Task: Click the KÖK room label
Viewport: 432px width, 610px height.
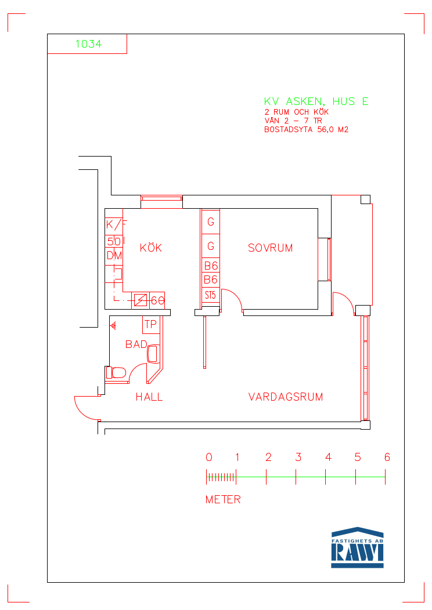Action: coord(151,248)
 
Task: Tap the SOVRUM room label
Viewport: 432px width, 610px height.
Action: coord(271,248)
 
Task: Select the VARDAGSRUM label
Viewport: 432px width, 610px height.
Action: coord(286,397)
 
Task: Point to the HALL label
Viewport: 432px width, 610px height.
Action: coord(149,397)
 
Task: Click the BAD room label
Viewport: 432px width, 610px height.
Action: coord(136,344)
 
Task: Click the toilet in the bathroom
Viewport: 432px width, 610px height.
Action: coord(116,373)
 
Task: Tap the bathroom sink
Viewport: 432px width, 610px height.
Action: coord(153,354)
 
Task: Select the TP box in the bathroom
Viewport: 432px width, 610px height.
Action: coord(151,325)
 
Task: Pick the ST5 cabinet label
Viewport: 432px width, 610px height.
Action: coord(210,295)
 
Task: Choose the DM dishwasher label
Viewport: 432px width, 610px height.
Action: coord(114,255)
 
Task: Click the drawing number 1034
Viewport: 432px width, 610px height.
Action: coord(88,44)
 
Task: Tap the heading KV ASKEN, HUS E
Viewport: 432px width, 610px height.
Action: coord(316,101)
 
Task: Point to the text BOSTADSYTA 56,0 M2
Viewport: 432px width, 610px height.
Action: coord(306,129)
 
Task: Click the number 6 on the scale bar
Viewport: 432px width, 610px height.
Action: coord(387,457)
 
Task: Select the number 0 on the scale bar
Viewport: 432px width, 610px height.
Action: coord(209,457)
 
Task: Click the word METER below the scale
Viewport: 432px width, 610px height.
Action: coord(223,499)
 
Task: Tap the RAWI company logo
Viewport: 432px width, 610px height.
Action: coord(357,547)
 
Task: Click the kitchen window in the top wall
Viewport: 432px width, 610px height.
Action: coord(161,198)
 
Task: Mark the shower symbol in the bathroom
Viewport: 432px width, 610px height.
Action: coord(114,326)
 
